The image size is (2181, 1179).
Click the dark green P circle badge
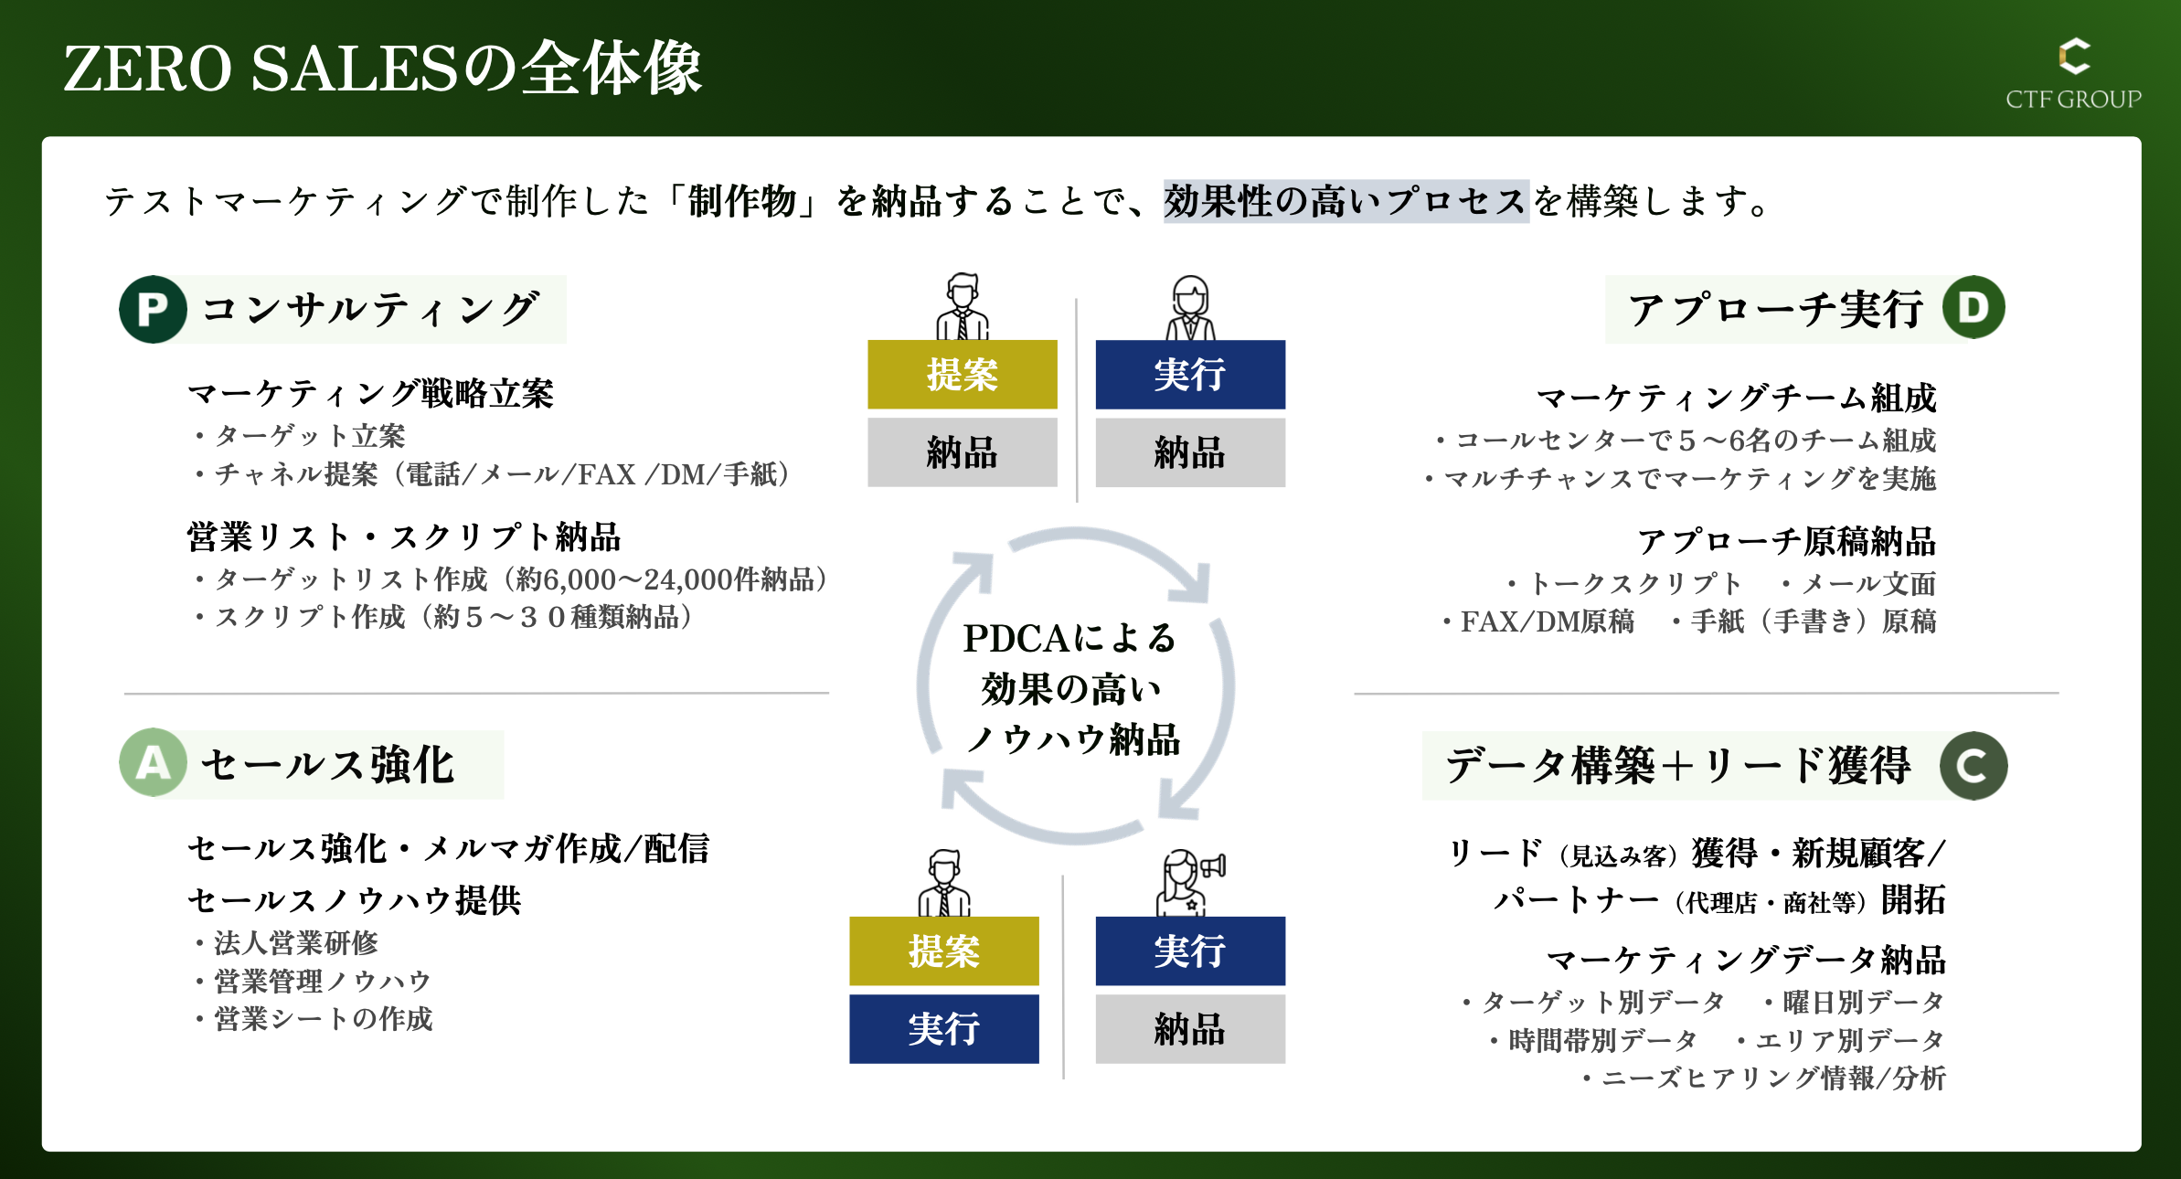153,309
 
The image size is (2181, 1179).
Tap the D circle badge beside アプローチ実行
1974,307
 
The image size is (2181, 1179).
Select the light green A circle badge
153,762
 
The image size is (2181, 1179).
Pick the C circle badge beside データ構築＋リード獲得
1974,766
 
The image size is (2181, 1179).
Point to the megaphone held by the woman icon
1213,865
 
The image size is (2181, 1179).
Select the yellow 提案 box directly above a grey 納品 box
962,375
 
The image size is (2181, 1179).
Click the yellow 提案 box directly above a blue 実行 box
943,951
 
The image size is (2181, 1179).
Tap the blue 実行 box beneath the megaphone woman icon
1190,951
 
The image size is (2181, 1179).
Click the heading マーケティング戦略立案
370,394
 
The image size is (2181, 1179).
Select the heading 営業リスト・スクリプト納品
404,537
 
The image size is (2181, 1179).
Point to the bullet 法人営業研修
295,942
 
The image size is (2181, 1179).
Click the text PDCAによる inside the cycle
1069,638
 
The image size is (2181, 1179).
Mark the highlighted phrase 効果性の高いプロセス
1346,201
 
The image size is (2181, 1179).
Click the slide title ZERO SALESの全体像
382,69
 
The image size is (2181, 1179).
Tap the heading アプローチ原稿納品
1786,541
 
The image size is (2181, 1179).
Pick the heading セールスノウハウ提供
355,900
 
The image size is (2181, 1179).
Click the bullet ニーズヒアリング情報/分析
1773,1078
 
